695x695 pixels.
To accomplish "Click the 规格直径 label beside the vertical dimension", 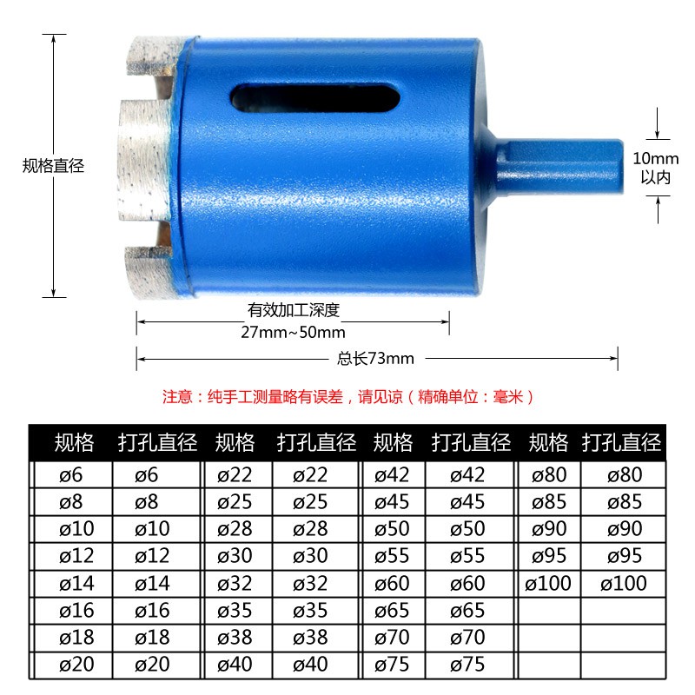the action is (x=53, y=166).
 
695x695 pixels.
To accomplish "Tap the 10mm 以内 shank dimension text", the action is (x=656, y=168).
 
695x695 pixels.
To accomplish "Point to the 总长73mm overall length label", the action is (x=375, y=358).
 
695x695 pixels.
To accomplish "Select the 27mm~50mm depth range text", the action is (x=293, y=332).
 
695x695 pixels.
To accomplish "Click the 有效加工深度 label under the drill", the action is (x=294, y=310).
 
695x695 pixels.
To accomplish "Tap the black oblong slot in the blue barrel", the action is (x=314, y=98).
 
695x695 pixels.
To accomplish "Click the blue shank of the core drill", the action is (x=559, y=166).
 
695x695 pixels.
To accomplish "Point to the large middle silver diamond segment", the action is (x=143, y=160).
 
